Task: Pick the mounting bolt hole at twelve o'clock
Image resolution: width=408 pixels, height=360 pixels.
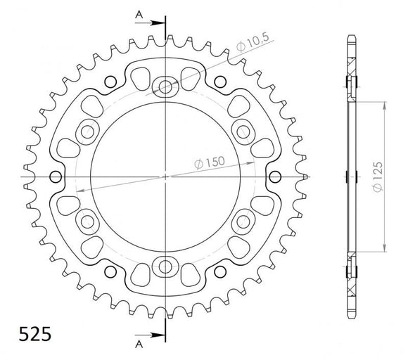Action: pos(166,87)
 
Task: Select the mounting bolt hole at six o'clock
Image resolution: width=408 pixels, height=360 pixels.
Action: pos(166,266)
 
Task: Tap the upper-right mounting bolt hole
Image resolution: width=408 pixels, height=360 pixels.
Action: pos(243,131)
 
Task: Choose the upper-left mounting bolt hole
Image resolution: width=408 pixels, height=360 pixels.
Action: pos(89,131)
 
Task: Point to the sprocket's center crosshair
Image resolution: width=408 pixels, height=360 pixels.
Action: pos(166,176)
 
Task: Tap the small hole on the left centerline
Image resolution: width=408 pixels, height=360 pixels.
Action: pos(57,176)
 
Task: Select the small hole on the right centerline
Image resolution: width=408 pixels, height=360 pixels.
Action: pos(275,176)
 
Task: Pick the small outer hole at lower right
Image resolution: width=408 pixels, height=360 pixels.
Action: pos(221,271)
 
